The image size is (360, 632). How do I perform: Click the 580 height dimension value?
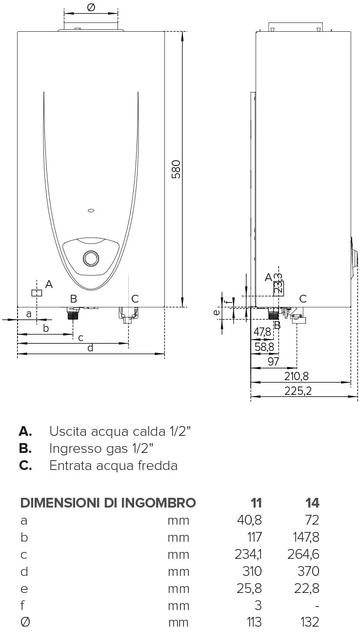[x=176, y=169]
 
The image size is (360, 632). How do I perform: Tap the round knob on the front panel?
[x=91, y=258]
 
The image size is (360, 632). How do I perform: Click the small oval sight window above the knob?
[x=91, y=210]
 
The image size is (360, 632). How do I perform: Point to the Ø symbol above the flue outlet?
[x=91, y=7]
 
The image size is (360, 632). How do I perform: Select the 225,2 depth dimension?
[x=298, y=391]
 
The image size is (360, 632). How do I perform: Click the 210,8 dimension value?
[x=296, y=376]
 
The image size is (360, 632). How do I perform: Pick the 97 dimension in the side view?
[x=273, y=362]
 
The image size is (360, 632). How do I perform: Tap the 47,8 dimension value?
[x=262, y=332]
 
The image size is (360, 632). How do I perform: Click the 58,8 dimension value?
[x=264, y=347]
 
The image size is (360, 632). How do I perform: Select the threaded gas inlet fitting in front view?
[x=73, y=313]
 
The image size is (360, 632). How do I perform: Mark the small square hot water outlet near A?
[x=37, y=293]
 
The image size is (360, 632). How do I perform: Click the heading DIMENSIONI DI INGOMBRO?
[x=108, y=503]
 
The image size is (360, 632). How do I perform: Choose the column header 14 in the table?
[x=312, y=503]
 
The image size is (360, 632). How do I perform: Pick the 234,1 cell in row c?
[x=248, y=554]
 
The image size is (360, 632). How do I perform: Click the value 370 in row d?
[x=308, y=571]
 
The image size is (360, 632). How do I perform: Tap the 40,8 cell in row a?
[x=249, y=520]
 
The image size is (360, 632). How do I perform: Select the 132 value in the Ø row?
[x=310, y=622]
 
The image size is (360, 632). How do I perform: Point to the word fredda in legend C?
[x=158, y=465]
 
